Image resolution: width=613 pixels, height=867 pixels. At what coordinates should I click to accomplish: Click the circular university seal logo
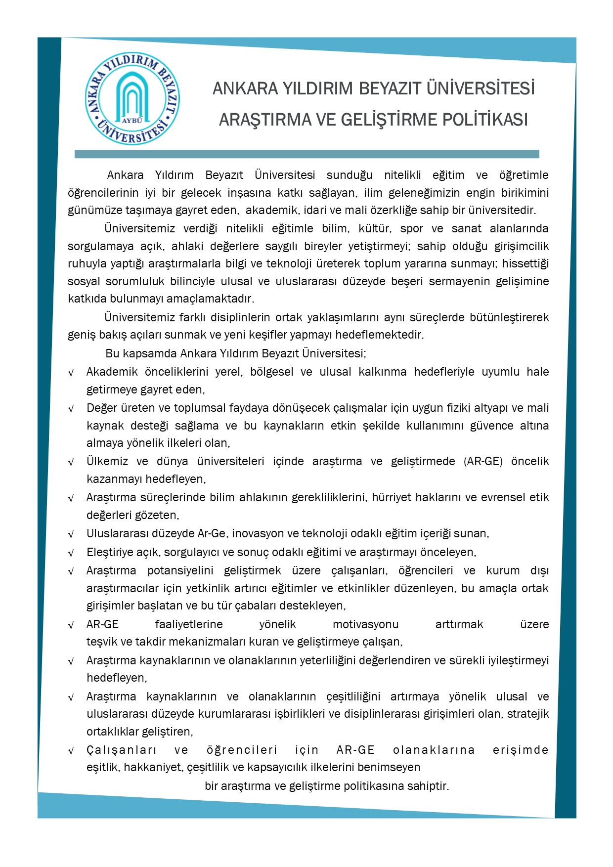click(x=132, y=99)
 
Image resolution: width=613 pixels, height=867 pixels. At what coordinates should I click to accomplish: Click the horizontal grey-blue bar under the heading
click(x=306, y=154)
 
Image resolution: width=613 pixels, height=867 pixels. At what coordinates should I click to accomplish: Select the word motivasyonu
click(x=365, y=624)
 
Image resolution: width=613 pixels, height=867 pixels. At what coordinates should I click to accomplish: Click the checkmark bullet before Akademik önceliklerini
click(x=71, y=373)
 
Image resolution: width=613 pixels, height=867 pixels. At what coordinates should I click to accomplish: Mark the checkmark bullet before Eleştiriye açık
click(x=71, y=553)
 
